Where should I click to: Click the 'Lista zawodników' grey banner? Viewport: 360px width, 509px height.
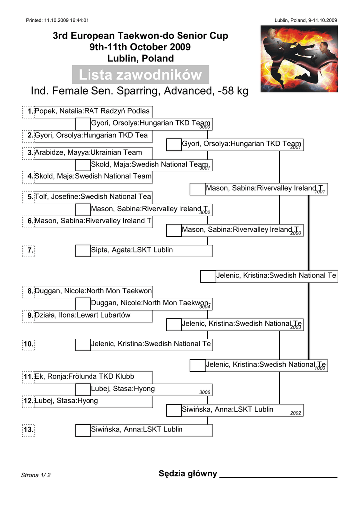pos(141,75)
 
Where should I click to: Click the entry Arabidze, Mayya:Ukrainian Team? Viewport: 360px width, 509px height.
pos(89,152)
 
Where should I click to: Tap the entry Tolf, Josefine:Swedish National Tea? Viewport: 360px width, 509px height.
pos(93,197)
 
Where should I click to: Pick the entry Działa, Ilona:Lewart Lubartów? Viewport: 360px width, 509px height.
pos(83,315)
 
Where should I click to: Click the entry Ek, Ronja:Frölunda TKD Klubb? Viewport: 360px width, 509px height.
pos(85,377)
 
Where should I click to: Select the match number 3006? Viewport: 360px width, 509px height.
pos(205,392)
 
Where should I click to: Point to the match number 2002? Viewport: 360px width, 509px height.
pos(296,413)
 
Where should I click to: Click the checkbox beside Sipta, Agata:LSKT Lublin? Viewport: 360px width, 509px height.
pos(83,251)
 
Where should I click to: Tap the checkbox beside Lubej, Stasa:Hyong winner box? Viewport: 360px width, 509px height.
pos(83,390)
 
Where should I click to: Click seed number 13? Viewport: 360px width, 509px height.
pos(28,430)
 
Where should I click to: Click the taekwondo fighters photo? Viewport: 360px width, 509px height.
pos(299,59)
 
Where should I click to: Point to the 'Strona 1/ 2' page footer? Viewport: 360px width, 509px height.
pos(36,475)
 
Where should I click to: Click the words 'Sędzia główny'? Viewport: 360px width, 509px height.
pos(187,474)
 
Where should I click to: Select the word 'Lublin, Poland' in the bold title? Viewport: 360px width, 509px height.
pos(141,59)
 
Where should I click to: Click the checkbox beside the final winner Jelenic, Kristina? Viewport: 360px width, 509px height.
pos(208,276)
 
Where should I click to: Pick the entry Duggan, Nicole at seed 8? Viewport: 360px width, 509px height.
pos(93,291)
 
